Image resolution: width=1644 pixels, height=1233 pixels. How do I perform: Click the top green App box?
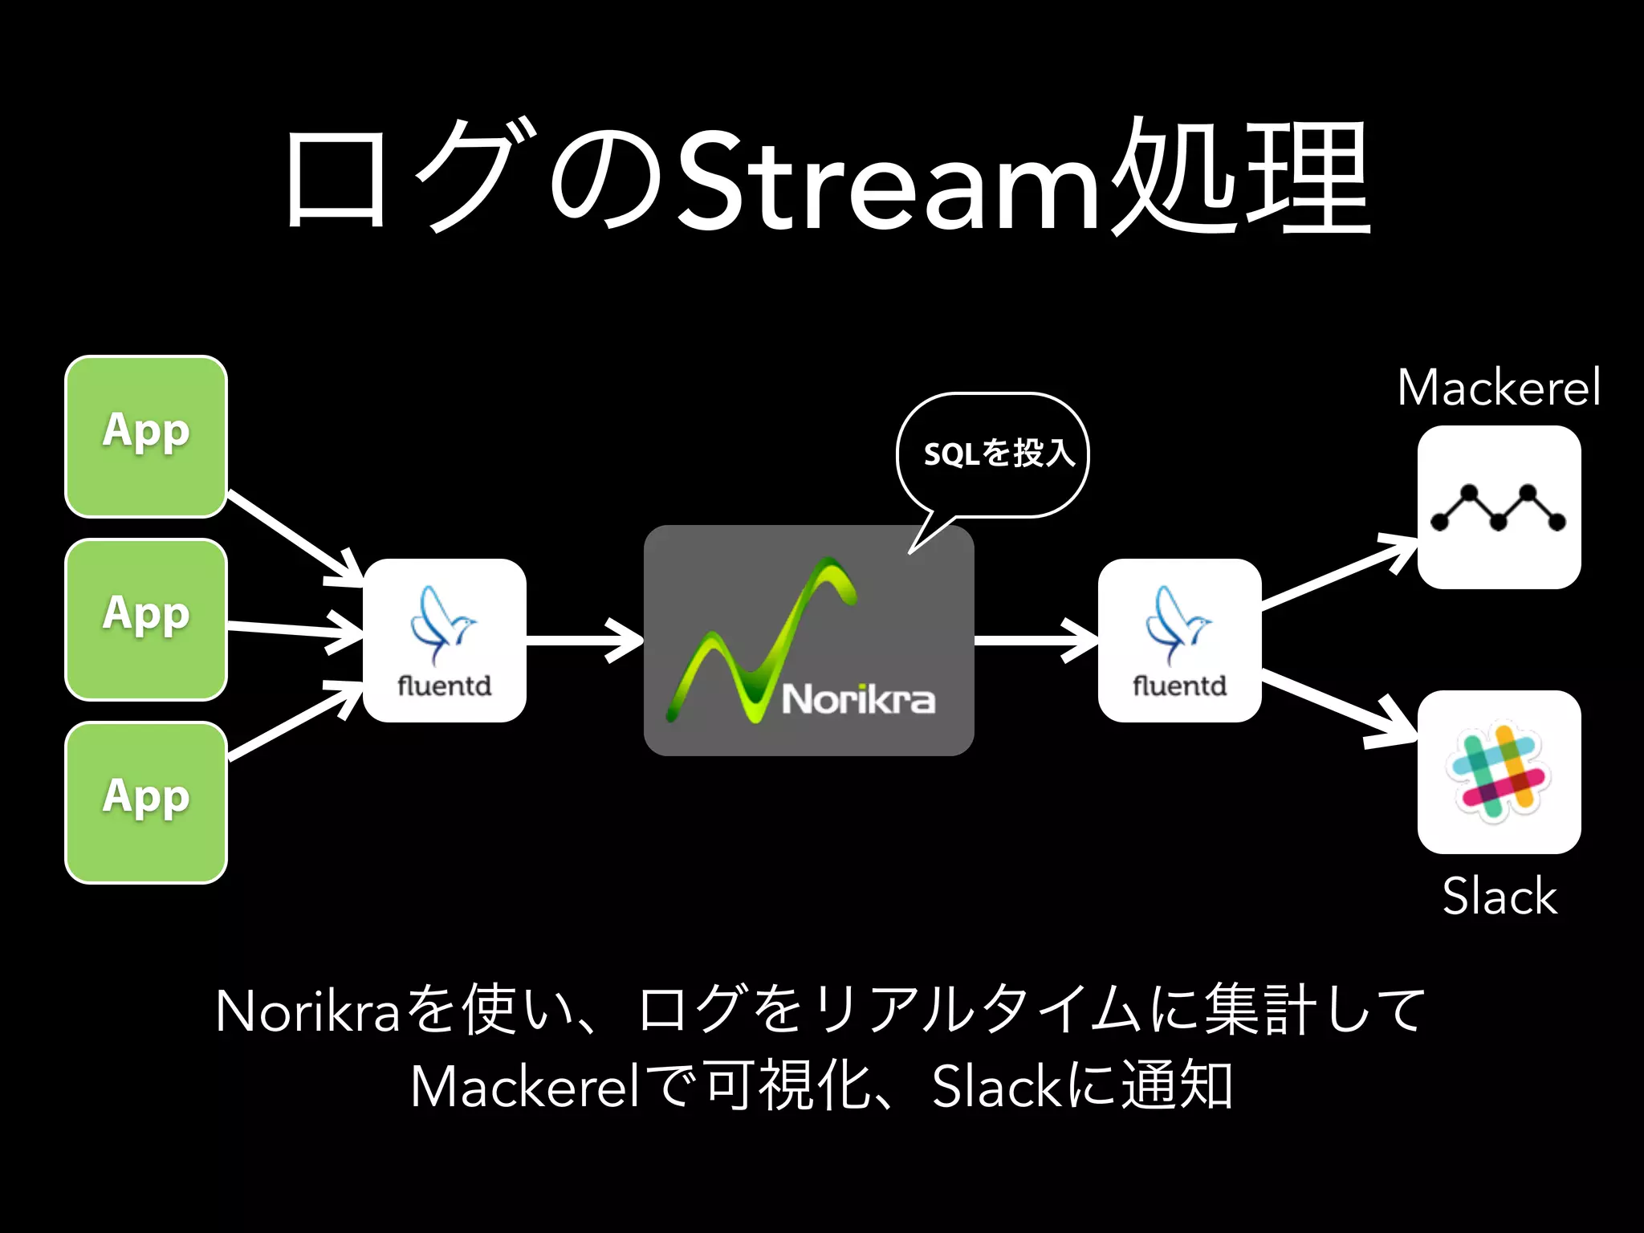pos(146,436)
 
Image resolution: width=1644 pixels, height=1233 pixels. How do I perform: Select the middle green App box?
pos(146,619)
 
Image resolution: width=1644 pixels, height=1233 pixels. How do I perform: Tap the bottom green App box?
pos(146,802)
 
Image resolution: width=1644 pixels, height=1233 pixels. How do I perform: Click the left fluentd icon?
pos(445,640)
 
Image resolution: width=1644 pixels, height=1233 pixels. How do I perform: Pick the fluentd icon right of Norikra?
pos(1179,640)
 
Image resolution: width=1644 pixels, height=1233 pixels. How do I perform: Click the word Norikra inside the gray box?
pos(858,699)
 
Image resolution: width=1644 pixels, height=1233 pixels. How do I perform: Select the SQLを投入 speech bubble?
pos(993,454)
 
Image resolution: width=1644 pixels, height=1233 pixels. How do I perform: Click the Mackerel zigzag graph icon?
pos(1499,507)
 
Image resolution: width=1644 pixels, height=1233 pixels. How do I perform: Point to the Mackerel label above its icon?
pos(1499,388)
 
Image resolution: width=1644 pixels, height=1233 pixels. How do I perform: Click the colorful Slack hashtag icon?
pos(1499,771)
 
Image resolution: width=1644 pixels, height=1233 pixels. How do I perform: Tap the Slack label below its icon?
pos(1499,896)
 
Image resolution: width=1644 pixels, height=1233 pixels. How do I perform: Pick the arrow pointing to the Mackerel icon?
pos(1339,573)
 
